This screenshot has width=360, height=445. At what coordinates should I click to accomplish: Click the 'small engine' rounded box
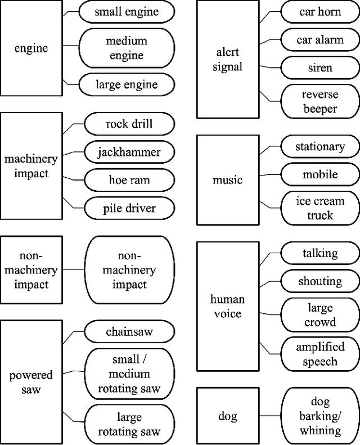[x=127, y=11]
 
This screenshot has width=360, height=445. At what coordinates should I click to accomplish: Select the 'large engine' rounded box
[x=127, y=85]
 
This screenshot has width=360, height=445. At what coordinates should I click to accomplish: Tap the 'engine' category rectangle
[x=31, y=48]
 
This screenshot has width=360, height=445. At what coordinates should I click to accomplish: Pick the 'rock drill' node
[x=129, y=123]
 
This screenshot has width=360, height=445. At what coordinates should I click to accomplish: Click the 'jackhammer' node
[x=129, y=152]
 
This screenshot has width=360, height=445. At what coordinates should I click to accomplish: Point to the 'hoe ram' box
[x=129, y=181]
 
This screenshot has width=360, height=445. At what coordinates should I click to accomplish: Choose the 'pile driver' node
[x=129, y=209]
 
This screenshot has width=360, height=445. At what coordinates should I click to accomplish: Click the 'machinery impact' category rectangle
[x=31, y=166]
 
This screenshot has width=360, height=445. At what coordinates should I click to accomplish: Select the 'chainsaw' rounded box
[x=129, y=331]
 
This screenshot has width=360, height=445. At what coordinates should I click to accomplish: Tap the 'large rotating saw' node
[x=129, y=425]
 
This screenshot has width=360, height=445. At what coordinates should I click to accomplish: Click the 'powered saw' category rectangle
[x=31, y=382]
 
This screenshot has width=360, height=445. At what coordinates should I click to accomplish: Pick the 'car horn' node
[x=319, y=11]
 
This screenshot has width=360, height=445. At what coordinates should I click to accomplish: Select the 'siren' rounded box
[x=319, y=68]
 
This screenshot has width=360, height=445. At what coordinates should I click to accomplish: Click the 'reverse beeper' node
[x=319, y=101]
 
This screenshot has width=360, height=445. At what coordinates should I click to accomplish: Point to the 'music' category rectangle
[x=227, y=180]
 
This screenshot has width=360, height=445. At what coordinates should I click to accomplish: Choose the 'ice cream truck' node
[x=319, y=208]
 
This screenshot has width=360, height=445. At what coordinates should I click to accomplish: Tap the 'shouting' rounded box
[x=319, y=281]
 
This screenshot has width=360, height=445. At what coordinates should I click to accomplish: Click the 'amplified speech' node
[x=319, y=354]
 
